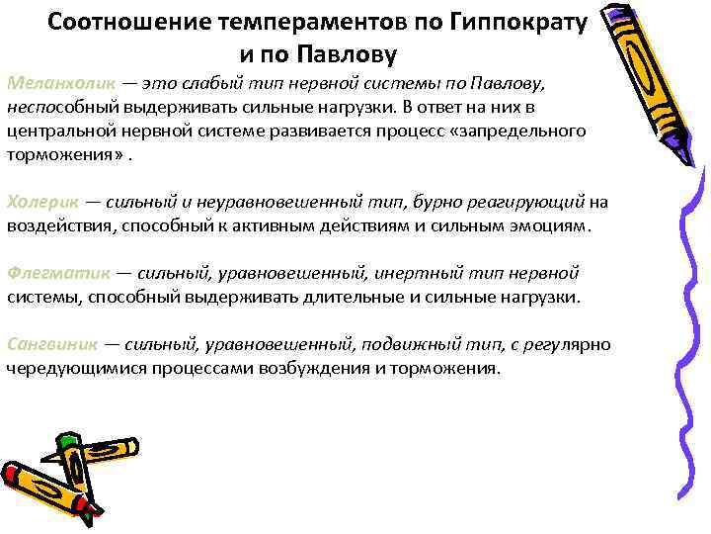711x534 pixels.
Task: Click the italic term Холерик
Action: [40, 203]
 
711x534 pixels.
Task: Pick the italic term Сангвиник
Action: [51, 344]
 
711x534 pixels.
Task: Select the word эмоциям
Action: [550, 225]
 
